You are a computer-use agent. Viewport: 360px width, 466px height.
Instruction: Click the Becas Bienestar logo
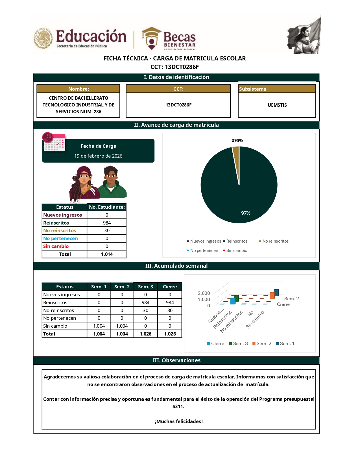tap(169, 39)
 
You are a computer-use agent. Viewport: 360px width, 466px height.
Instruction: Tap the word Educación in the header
tap(91, 36)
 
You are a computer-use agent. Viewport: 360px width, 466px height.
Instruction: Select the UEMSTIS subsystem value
tap(277, 105)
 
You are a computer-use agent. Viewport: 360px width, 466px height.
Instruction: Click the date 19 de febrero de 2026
tap(98, 156)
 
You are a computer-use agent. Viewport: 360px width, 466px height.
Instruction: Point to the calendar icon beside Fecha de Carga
tap(54, 142)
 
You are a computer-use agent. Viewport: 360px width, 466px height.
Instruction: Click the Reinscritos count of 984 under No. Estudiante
tap(107, 223)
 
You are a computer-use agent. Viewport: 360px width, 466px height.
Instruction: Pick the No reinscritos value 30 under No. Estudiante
tap(107, 230)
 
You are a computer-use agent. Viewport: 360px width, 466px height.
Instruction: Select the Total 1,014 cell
tap(107, 254)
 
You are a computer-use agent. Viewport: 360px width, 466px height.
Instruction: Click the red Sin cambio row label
tap(56, 246)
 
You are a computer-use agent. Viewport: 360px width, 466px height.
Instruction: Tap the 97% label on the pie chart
tap(246, 213)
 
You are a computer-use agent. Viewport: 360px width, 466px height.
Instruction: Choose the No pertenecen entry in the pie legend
tap(204, 251)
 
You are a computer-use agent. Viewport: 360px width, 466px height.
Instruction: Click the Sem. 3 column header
tap(145, 287)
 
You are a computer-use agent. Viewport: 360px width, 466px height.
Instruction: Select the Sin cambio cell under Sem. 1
tap(99, 326)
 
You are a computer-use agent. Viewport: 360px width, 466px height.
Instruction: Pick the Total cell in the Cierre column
tap(170, 334)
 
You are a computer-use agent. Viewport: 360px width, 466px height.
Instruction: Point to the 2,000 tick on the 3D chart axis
tap(204, 293)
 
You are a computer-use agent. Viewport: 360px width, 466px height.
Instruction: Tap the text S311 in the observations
tap(178, 406)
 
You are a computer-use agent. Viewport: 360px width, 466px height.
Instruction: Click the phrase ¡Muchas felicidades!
tap(179, 421)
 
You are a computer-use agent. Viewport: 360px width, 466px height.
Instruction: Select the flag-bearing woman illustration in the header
tap(304, 35)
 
